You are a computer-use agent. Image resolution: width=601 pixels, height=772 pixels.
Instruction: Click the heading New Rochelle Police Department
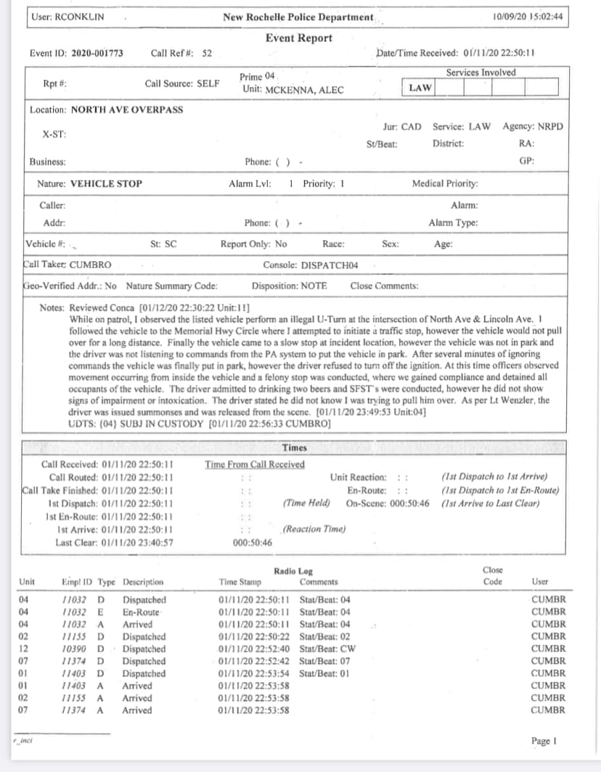(x=298, y=17)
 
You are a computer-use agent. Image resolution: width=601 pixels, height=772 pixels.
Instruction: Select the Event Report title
(x=298, y=38)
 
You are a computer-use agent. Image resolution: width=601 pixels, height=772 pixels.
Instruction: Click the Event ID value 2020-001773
(x=97, y=53)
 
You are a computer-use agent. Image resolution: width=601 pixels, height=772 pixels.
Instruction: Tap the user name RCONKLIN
(x=81, y=17)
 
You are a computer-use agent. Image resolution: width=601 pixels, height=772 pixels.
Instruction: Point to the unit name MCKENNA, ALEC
(x=293, y=90)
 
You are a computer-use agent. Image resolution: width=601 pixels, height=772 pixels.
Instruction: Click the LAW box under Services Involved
(x=420, y=88)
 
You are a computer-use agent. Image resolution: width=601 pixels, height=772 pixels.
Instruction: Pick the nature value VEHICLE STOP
(x=106, y=184)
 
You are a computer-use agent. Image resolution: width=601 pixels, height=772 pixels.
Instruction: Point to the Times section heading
(x=294, y=448)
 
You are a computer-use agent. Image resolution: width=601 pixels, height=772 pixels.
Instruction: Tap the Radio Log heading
(x=293, y=572)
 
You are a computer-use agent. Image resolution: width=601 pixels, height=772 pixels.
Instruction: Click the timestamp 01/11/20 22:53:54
(x=254, y=673)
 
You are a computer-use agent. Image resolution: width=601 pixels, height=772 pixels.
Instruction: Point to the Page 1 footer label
(x=544, y=741)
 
